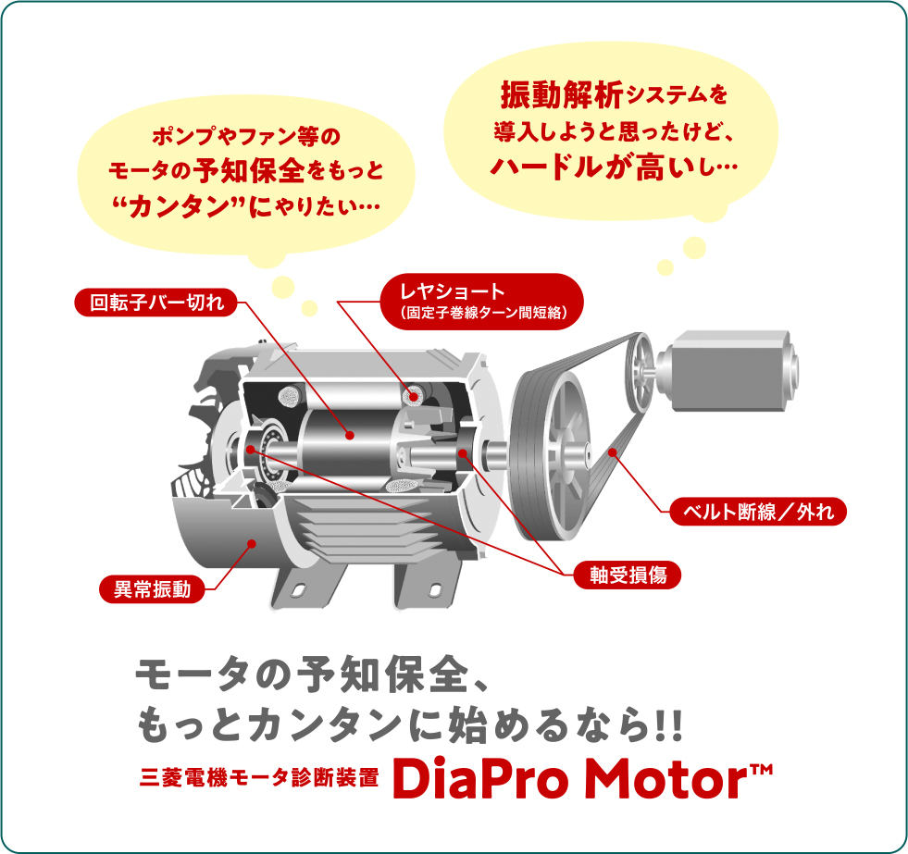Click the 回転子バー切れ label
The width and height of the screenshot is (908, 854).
(155, 303)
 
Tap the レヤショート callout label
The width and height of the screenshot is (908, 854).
(482, 302)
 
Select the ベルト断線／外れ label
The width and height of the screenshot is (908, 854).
(758, 512)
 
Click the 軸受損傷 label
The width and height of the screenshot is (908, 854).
(628, 575)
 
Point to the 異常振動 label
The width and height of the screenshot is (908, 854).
(153, 588)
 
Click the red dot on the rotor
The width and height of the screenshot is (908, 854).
(349, 436)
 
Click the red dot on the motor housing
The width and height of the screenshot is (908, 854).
(252, 543)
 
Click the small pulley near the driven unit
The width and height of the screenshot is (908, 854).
(640, 370)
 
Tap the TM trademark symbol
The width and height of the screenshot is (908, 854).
(762, 770)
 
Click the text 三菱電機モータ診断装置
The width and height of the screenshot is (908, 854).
(259, 777)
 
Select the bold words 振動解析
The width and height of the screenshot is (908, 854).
(562, 94)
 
